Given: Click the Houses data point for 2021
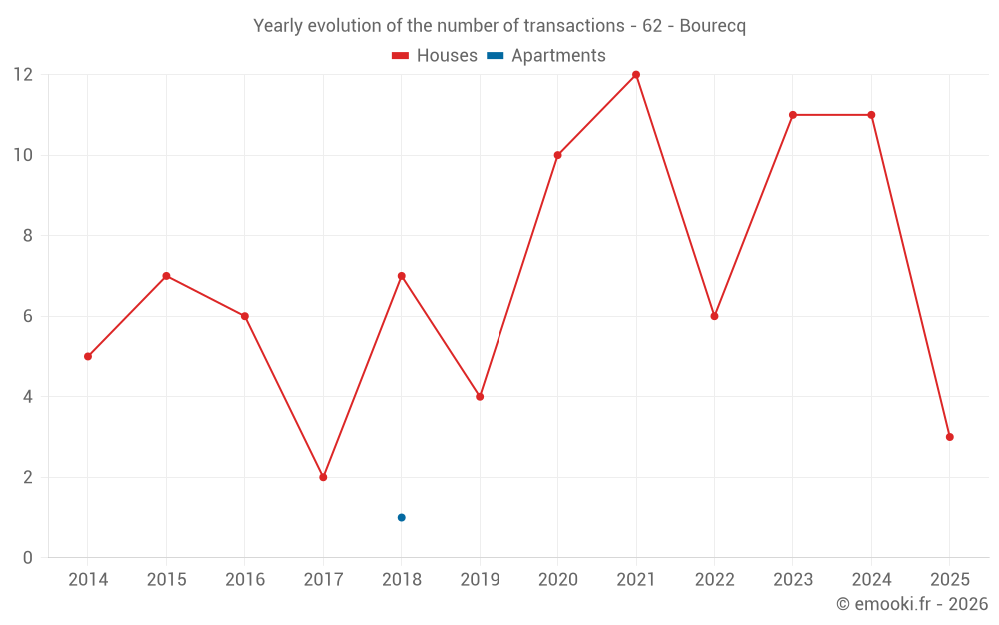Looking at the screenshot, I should point(636,75).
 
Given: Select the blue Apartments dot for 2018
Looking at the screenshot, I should point(402,517).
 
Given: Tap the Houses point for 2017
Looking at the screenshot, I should point(323,477).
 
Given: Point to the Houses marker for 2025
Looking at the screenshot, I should point(949,437).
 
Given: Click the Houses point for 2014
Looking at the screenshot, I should point(88,356).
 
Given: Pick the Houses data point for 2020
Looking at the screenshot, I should point(557,155).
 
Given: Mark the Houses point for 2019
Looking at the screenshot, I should point(480,397).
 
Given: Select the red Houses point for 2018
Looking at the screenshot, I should point(402,276).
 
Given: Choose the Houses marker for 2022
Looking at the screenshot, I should point(714,316).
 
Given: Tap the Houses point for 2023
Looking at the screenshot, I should point(793,115).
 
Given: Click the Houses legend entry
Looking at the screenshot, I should point(435,56).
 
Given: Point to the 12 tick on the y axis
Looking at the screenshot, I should point(23,75).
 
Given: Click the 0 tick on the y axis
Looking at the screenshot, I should point(28,557).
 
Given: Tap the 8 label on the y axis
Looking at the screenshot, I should point(28,236).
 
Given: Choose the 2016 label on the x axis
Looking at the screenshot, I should point(245,580).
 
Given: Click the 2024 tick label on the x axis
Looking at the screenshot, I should point(871,580).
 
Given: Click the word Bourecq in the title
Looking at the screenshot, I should point(712,26).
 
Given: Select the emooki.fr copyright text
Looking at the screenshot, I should point(912,604).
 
